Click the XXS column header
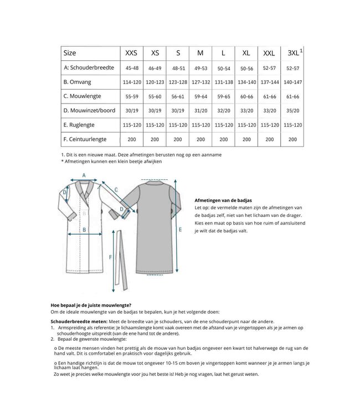point(131,53)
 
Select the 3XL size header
point(291,53)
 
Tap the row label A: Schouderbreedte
point(89,68)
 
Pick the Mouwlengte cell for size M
point(200,96)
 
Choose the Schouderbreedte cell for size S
point(178,68)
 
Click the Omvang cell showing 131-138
point(223,82)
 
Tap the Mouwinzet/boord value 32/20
point(223,111)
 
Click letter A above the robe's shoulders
point(84,175)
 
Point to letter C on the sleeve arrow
point(116,190)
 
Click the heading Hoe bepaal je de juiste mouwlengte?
point(91,305)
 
